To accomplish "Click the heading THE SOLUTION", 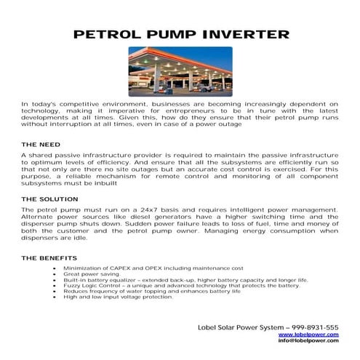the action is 49,199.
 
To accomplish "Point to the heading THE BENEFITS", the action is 49,258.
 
